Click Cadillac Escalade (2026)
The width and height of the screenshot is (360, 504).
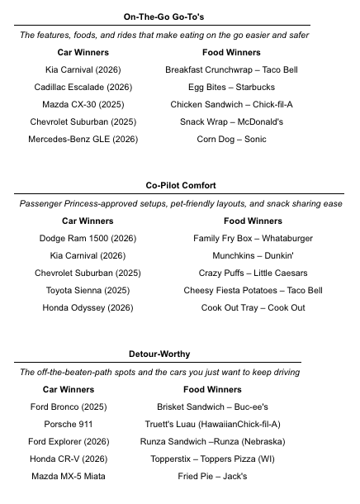pos(83,88)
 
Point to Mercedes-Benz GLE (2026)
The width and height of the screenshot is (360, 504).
pos(83,140)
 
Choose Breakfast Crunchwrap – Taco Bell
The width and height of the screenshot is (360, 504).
pos(231,70)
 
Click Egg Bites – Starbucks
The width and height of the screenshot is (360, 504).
pos(231,88)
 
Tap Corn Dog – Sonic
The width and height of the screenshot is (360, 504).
pos(231,140)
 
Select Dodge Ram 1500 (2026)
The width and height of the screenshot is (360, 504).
pos(88,239)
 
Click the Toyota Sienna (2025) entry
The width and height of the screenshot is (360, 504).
pos(88,291)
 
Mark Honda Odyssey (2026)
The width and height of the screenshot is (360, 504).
pos(88,308)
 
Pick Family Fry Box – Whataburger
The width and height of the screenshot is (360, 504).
pos(253,239)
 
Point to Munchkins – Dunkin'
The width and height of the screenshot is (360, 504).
pos(253,256)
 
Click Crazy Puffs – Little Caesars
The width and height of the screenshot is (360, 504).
pos(253,273)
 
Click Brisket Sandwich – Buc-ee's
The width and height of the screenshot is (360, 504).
pos(212,407)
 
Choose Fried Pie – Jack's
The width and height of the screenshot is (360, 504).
pos(212,477)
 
